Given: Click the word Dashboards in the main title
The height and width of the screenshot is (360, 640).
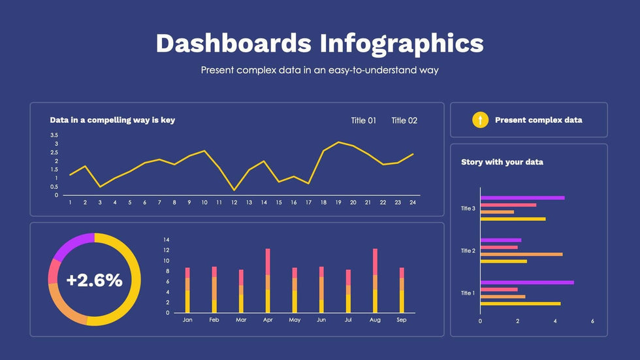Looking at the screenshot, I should [x=233, y=43].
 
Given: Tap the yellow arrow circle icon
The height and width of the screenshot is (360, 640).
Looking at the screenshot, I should [x=480, y=120].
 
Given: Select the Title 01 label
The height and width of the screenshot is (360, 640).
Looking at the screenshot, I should [x=363, y=120].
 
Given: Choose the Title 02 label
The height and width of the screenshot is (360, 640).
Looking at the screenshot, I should [x=404, y=120].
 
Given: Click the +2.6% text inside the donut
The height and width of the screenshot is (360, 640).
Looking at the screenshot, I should [x=94, y=280].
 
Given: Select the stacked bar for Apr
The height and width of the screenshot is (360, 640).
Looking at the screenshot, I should [x=268, y=281].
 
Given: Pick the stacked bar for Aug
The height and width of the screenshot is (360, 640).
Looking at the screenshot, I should [x=375, y=281].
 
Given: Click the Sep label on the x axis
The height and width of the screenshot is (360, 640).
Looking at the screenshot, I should [x=402, y=320].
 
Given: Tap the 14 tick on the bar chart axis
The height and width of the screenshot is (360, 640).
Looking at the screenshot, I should [x=167, y=240].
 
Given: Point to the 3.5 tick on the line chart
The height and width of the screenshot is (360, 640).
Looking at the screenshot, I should [x=54, y=135].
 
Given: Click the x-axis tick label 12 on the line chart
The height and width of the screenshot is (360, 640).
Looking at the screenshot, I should [x=234, y=203].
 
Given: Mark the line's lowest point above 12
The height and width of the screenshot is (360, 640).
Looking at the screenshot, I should [x=234, y=190].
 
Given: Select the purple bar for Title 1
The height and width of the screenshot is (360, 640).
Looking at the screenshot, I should [x=527, y=282].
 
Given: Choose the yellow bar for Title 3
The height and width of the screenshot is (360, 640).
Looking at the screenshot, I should [x=513, y=219].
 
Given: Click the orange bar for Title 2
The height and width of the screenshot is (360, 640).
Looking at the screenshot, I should [x=521, y=254].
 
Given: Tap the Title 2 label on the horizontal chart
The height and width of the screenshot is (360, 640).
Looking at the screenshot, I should [x=468, y=251].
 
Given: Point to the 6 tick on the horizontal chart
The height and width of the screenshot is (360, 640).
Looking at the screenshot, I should [x=592, y=321].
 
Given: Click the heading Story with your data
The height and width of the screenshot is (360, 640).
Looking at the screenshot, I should [x=502, y=162].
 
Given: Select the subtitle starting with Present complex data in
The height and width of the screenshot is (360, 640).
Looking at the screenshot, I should [x=319, y=70].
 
